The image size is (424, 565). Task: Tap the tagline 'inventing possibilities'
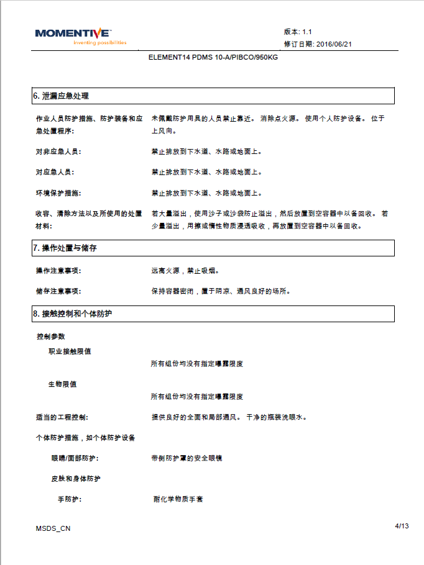click(99, 43)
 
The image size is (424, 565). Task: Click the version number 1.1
click(307, 31)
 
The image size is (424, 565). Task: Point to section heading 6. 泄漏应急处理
click(61, 96)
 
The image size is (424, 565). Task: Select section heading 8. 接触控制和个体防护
click(72, 314)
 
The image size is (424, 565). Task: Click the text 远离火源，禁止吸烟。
click(185, 271)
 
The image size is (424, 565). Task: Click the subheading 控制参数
click(51, 337)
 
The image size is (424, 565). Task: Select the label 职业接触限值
click(70, 351)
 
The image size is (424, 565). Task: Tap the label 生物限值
click(62, 384)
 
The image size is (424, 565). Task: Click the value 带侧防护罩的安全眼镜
click(187, 458)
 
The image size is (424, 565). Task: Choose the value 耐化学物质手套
click(178, 499)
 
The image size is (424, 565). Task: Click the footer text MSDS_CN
click(53, 528)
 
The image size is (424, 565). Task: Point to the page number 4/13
click(402, 527)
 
